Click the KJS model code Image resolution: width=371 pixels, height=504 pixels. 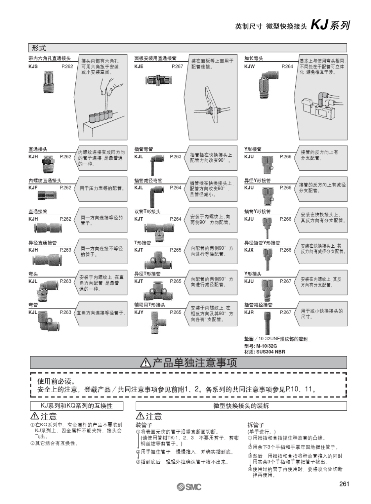tap(33, 67)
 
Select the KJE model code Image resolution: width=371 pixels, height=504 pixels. tap(139, 67)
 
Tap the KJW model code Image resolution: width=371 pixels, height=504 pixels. tap(250, 67)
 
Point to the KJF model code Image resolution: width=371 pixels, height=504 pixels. tap(33, 188)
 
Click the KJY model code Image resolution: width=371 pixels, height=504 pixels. tap(139, 313)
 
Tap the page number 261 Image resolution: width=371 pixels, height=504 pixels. tap(344, 484)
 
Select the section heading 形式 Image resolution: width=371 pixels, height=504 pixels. tap(39, 48)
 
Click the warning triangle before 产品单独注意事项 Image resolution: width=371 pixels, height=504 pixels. tap(146, 363)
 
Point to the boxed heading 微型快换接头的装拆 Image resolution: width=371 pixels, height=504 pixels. tap(241, 406)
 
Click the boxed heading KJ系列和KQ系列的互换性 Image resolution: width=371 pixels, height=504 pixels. tap(77, 406)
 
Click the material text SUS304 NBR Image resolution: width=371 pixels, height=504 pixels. tap(270, 352)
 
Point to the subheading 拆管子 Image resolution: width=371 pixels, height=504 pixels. tap(256, 425)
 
